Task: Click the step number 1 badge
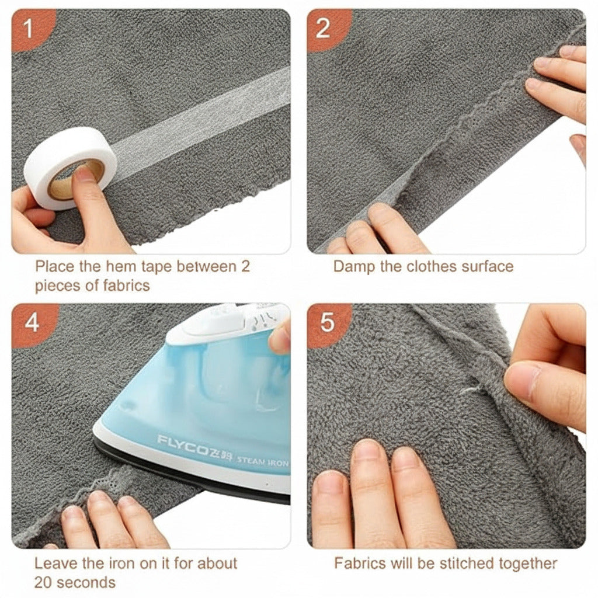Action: click(x=29, y=29)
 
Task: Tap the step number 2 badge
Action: click(x=324, y=28)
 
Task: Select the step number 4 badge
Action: click(x=32, y=323)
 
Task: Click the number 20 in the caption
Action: click(x=43, y=583)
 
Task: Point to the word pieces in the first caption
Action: click(x=58, y=286)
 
